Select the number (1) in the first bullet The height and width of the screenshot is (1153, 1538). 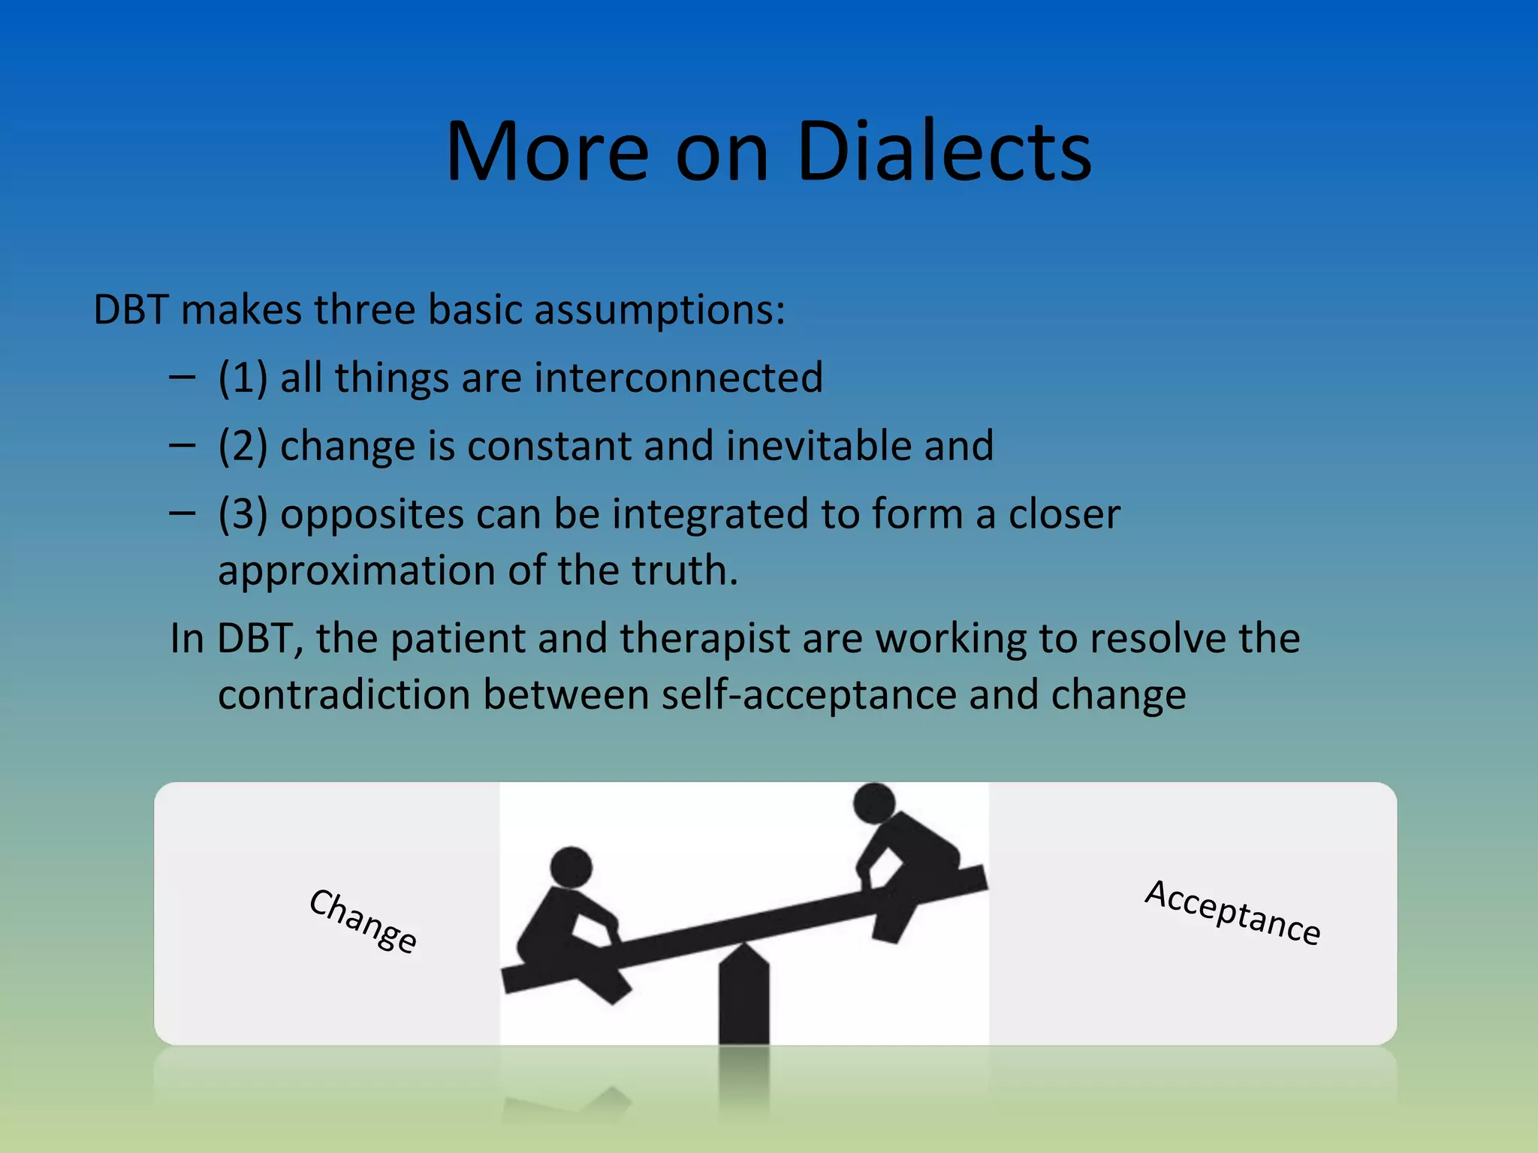pyautogui.click(x=243, y=377)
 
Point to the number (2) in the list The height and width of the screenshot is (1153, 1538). pyautogui.click(x=243, y=445)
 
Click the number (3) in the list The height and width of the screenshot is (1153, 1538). pyautogui.click(x=243, y=514)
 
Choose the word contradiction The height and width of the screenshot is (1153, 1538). pyautogui.click(x=343, y=694)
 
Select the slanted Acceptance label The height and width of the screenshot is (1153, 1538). pyautogui.click(x=1232, y=912)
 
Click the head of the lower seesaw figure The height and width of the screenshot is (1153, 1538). pyautogui.click(x=571, y=867)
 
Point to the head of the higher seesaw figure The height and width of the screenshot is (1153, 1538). pyautogui.click(x=874, y=802)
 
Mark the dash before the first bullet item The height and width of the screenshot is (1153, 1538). pyautogui.click(x=182, y=377)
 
